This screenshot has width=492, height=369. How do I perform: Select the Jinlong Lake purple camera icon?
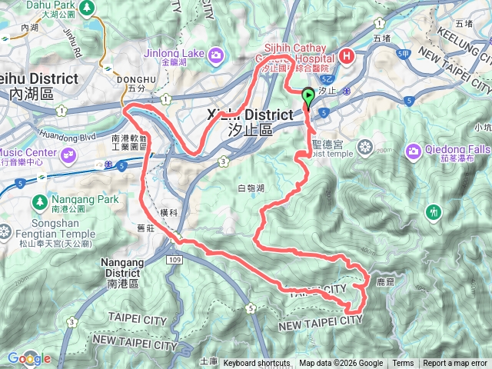(x=218, y=55)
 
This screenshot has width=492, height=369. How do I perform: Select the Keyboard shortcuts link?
(x=256, y=364)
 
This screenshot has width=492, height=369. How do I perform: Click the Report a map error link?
(x=454, y=364)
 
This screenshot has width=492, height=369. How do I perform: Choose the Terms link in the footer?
(x=403, y=364)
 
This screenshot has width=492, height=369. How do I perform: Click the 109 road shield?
(x=174, y=261)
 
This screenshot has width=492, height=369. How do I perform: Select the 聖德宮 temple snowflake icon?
(x=364, y=147)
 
